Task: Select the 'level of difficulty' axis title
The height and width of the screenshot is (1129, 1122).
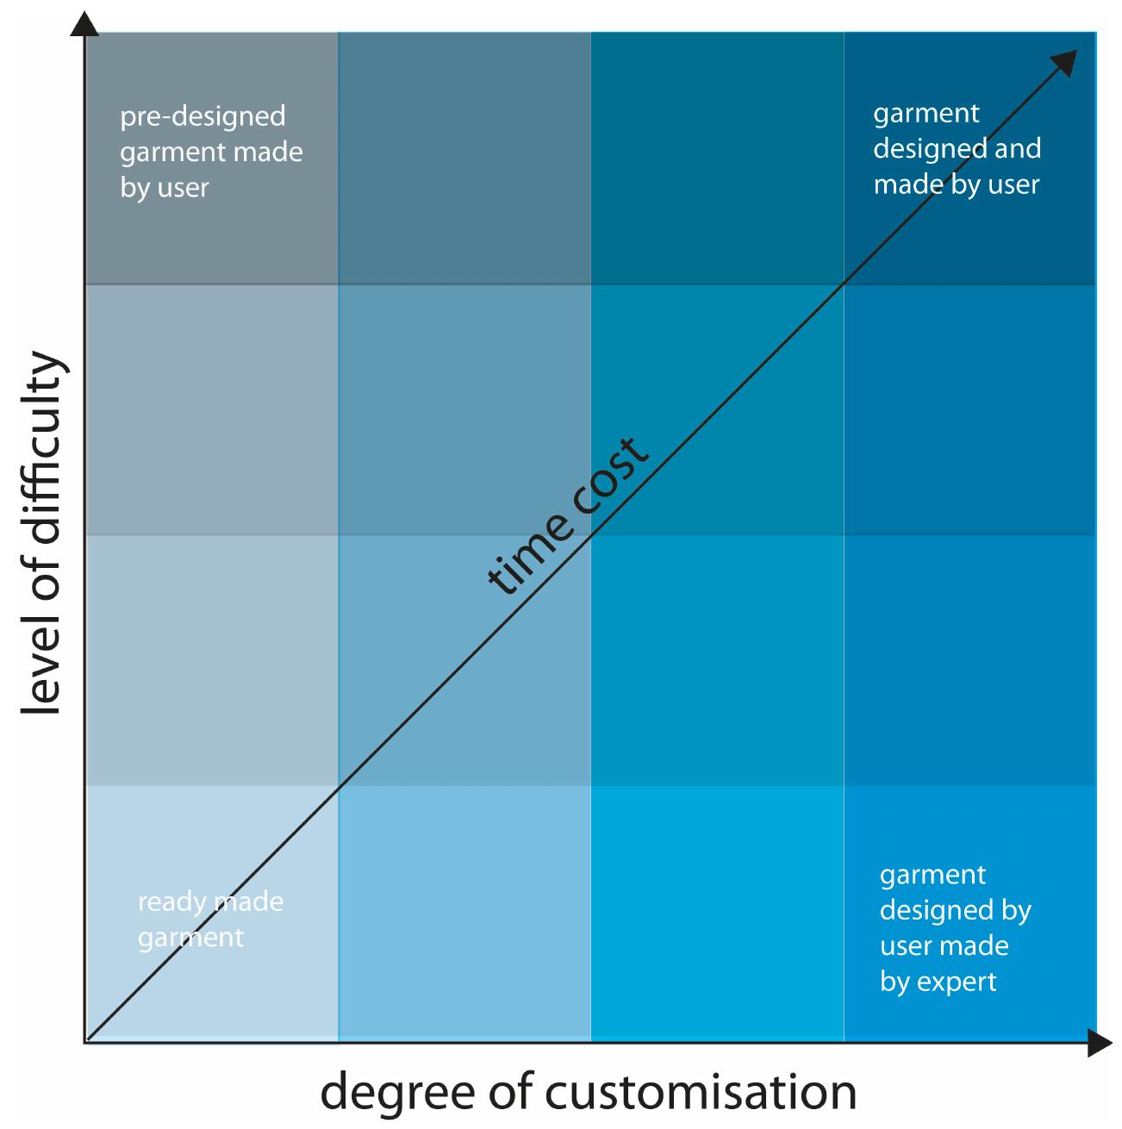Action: tap(41, 534)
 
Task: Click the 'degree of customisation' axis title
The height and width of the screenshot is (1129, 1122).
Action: tap(589, 1092)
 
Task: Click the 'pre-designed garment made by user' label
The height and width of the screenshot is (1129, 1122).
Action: tap(211, 152)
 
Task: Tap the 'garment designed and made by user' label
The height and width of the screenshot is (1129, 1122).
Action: tap(957, 148)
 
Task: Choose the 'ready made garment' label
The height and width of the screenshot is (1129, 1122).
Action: tap(210, 920)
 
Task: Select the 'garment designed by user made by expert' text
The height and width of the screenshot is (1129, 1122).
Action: tap(955, 927)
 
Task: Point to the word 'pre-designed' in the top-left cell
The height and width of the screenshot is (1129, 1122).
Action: tap(203, 116)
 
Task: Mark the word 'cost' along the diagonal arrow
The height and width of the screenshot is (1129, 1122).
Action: tap(604, 478)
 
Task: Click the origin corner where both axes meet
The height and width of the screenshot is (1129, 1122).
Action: tap(85, 1042)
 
